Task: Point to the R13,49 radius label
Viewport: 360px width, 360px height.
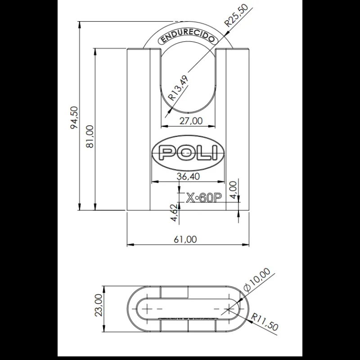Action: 179,87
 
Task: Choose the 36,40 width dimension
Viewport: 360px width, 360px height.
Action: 188,176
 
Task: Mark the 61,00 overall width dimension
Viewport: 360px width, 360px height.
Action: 188,239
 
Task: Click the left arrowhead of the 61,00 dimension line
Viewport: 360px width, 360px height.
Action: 130,245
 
